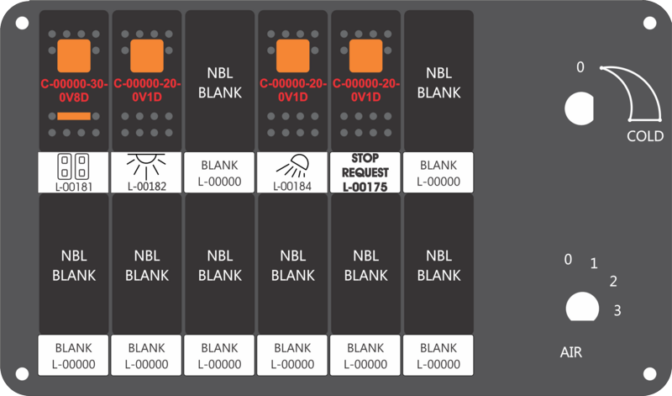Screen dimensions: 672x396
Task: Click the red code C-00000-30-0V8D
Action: point(74,91)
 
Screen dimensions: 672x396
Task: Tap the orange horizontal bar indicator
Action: point(74,116)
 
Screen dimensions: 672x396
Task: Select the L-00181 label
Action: point(74,187)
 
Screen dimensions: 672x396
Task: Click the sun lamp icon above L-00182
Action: point(146,166)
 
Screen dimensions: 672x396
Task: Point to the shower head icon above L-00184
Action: point(292,166)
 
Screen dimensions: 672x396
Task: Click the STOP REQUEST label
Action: point(365,165)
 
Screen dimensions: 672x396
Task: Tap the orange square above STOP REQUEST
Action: point(365,55)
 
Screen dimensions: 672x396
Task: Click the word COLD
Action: point(645,136)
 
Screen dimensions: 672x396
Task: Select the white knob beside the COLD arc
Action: point(579,108)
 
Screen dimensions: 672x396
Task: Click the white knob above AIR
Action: point(582,307)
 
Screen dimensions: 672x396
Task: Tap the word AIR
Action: point(571,352)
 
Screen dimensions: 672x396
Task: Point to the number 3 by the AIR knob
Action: point(617,310)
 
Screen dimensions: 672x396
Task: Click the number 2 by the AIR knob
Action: point(613,282)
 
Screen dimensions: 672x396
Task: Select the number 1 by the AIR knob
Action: point(594,263)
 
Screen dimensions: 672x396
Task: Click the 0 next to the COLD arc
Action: point(580,67)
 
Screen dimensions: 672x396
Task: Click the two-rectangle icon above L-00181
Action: point(73,166)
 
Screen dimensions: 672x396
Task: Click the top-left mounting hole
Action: point(22,23)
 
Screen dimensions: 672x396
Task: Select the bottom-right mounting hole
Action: point(649,373)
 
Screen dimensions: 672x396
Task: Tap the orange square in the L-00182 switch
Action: point(146,55)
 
